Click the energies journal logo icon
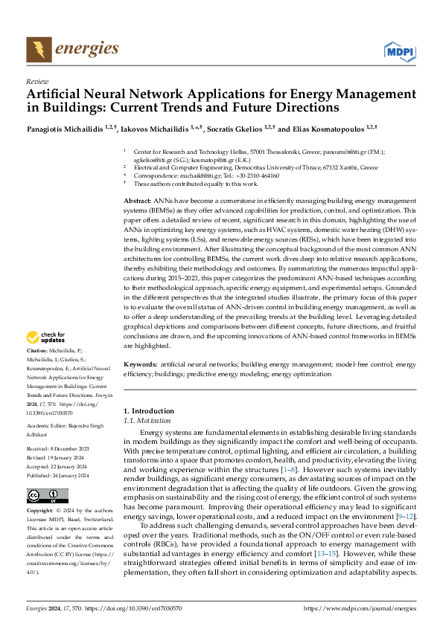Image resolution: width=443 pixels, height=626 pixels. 35,49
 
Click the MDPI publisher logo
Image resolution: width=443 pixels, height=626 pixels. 398,51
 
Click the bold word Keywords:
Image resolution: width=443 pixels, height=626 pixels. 139,365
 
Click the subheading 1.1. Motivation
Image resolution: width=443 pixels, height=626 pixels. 147,420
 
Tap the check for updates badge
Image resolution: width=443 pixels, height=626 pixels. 47,338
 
